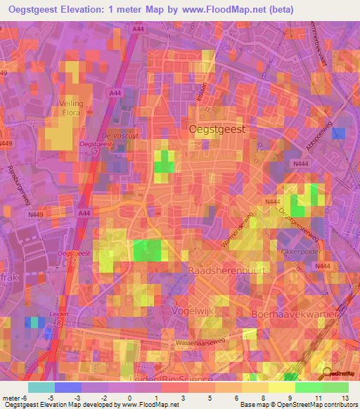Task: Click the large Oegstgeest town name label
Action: [218, 129]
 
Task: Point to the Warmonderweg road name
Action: [236, 233]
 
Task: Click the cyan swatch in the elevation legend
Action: [41, 387]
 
